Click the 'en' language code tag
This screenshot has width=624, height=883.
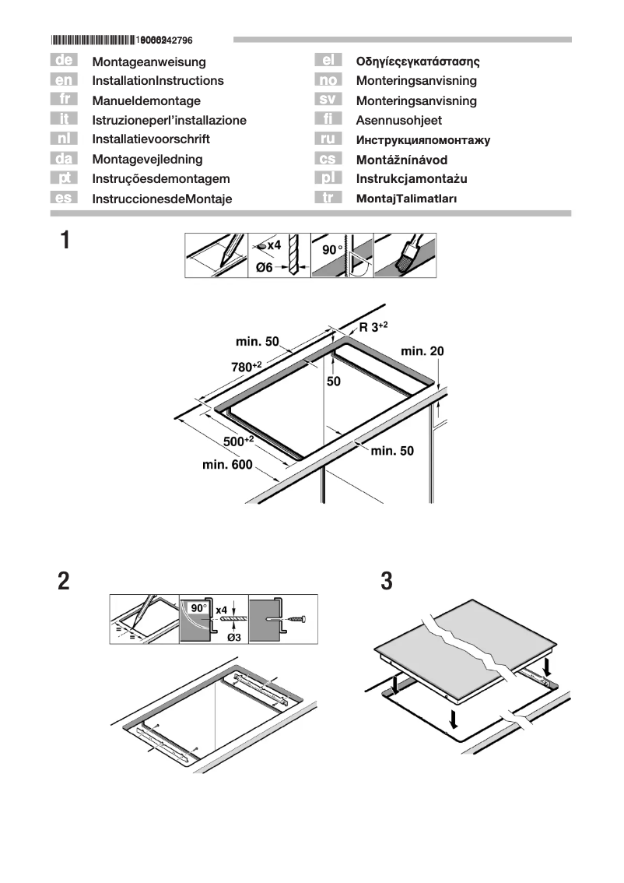click(62, 79)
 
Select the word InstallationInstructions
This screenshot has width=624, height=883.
click(157, 80)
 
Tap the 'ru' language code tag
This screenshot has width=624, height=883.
click(328, 139)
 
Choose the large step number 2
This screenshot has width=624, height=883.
click(64, 581)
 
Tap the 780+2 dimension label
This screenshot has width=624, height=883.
click(247, 366)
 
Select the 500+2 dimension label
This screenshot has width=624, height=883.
click(238, 441)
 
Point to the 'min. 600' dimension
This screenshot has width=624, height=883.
click(227, 466)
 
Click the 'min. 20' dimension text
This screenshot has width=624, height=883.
click(422, 351)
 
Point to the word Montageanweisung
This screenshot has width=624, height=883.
click(149, 61)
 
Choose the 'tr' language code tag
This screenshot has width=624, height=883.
click(328, 198)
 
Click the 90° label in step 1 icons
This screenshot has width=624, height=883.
click(332, 249)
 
